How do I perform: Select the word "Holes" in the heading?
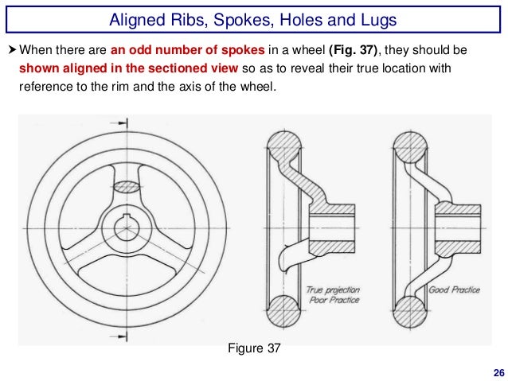click(x=311, y=18)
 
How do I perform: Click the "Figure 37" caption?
click(x=254, y=348)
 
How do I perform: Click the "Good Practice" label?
click(x=454, y=290)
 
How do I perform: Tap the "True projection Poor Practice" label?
click(x=333, y=295)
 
